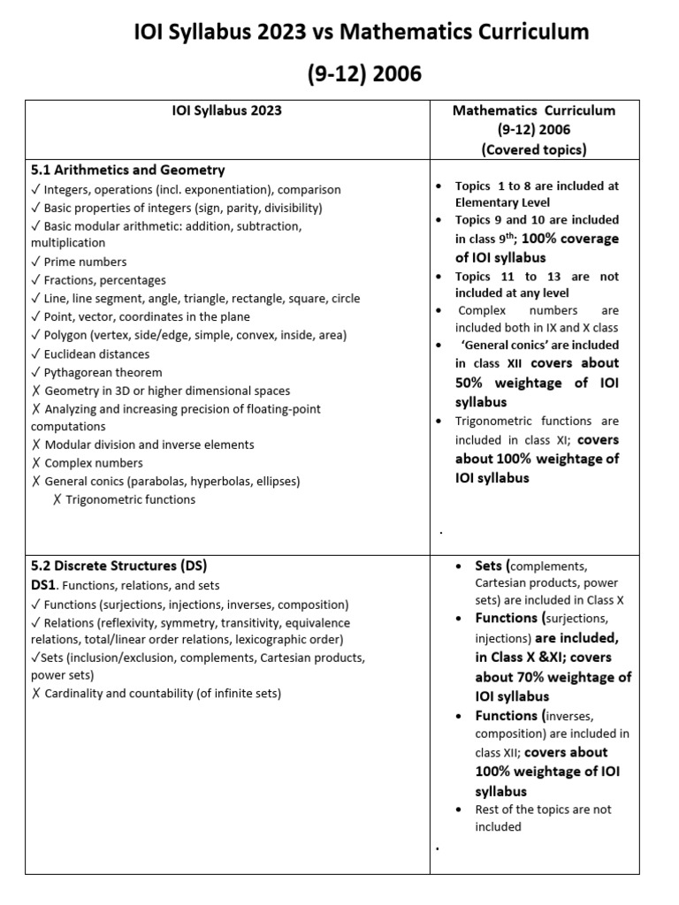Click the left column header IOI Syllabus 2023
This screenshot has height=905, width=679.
pyautogui.click(x=226, y=110)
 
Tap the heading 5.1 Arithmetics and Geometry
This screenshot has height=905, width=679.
pyautogui.click(x=127, y=170)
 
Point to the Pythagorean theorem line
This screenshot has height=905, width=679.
pyautogui.click(x=103, y=372)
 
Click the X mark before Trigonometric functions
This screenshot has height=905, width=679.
pyautogui.click(x=57, y=500)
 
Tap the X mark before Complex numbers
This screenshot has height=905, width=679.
pyautogui.click(x=35, y=463)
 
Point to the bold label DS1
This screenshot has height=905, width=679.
pyautogui.click(x=44, y=585)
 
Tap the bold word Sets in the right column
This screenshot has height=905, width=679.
pyautogui.click(x=489, y=566)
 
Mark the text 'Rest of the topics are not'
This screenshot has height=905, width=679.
pyautogui.click(x=543, y=810)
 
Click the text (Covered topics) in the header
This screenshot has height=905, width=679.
pyautogui.click(x=533, y=149)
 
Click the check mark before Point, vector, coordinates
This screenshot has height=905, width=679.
pyautogui.click(x=35, y=317)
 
